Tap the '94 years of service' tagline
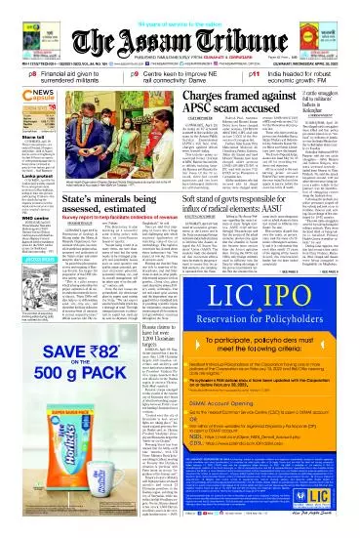180,6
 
